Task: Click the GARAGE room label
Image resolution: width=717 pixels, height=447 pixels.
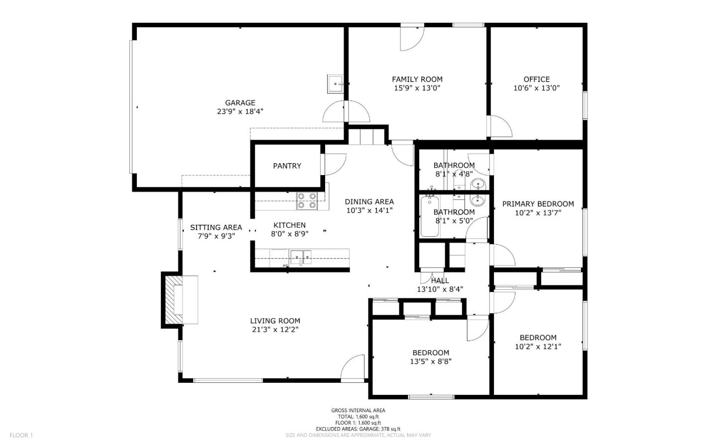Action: pos(240,103)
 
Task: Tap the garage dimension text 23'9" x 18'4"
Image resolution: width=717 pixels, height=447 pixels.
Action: pos(240,112)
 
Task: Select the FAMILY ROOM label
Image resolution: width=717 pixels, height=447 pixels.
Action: pos(417,79)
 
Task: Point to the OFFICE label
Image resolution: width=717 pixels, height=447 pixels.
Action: pos(536,79)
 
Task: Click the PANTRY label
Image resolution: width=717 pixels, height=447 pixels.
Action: pos(287,166)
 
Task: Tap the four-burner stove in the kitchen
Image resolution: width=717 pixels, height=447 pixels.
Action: pos(307,200)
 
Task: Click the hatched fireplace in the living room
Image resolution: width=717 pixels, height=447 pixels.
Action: pos(174,300)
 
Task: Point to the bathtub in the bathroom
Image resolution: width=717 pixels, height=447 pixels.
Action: pos(429,216)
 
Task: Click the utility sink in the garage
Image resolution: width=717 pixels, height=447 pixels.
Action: pos(335,84)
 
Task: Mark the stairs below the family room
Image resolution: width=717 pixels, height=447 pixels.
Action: pos(367,136)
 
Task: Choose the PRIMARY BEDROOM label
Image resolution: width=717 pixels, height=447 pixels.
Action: pos(538,204)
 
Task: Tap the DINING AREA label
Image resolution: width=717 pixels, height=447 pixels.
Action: pos(369,201)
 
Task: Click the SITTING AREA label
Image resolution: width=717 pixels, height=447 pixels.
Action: pos(216,227)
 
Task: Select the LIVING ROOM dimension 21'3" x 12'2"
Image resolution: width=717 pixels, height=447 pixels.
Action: pos(275,330)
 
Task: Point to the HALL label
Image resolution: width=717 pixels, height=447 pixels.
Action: pos(440,281)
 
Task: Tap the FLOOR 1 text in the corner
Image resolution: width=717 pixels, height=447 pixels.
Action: pos(21,436)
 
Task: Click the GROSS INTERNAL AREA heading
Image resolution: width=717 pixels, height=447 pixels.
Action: pos(358,410)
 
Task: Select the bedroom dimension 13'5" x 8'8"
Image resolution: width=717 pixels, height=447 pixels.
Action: pos(430,362)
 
